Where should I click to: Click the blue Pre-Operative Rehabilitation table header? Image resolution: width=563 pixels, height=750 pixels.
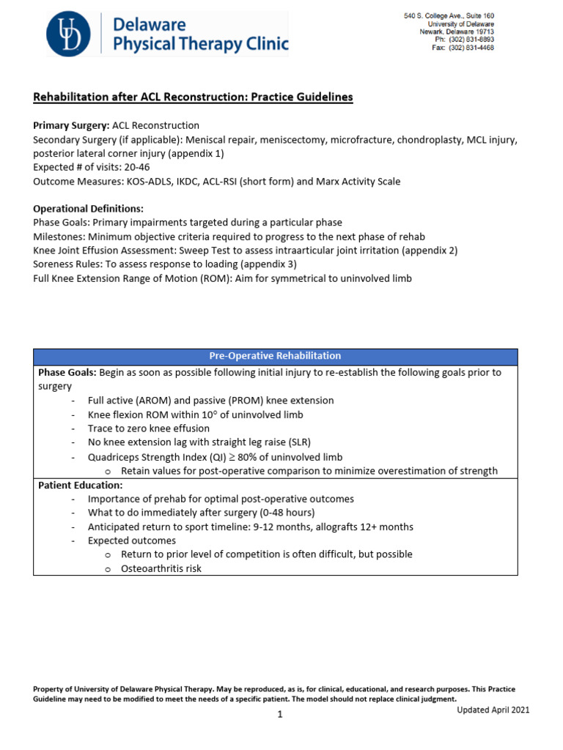[x=275, y=356]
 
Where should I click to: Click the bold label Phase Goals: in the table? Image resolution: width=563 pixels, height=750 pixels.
[x=67, y=373]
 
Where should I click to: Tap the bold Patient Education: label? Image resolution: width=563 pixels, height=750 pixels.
[x=80, y=485]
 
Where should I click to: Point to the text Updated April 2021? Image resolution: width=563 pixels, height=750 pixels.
[x=493, y=710]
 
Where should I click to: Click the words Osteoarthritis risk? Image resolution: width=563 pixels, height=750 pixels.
[x=161, y=568]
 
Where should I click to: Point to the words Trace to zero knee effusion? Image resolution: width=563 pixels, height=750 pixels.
[x=148, y=428]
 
